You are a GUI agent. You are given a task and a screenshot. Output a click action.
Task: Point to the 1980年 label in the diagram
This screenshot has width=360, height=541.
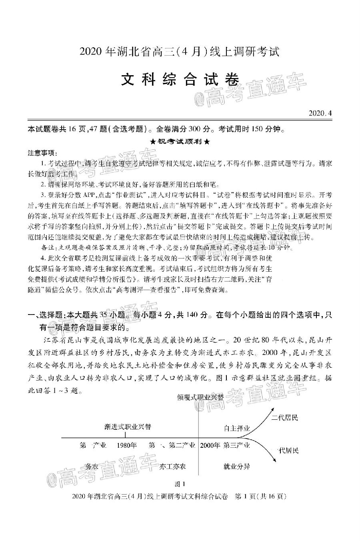click(x=127, y=445)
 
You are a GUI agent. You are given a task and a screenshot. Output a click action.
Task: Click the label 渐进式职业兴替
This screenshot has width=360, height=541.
click(x=127, y=427)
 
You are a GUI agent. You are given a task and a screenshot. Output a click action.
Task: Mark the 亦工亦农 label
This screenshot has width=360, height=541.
click(x=172, y=466)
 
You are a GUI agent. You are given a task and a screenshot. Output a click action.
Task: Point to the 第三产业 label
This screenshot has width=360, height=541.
click(x=237, y=445)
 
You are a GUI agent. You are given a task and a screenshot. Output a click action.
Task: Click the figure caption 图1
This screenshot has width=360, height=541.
click(x=180, y=483)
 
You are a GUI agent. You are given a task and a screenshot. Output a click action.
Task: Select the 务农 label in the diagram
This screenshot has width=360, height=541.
click(x=92, y=466)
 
